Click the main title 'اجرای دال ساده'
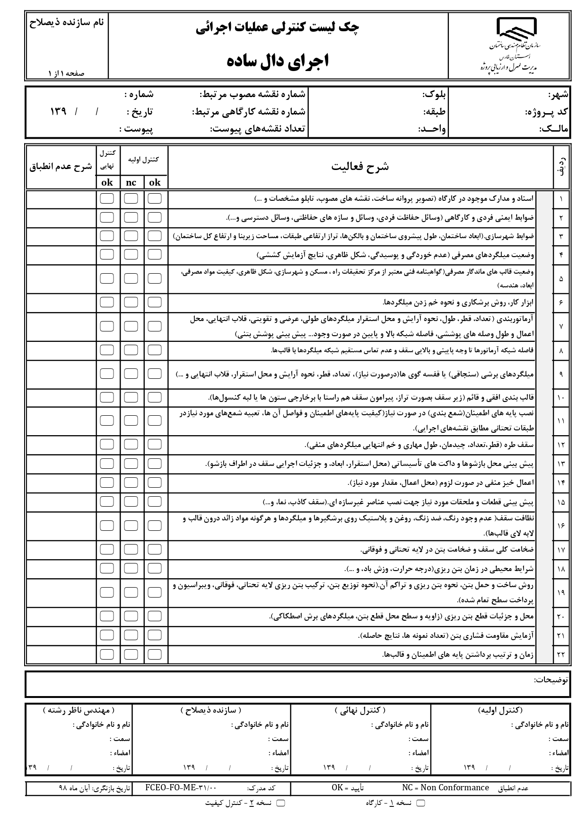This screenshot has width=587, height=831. pyautogui.click(x=278, y=61)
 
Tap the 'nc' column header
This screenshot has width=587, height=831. pyautogui.click(x=131, y=183)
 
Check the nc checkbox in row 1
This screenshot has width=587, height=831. pyautogui.click(x=131, y=198)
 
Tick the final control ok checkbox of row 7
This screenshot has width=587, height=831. pyautogui.click(x=107, y=326)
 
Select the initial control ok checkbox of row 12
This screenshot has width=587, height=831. pyautogui.click(x=155, y=444)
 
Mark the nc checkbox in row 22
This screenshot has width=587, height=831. pyautogui.click(x=131, y=654)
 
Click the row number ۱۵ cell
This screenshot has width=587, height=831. pyautogui.click(x=561, y=502)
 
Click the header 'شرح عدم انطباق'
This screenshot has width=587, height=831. pyautogui.click(x=61, y=167)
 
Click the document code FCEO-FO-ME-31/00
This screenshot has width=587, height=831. pyautogui.click(x=181, y=788)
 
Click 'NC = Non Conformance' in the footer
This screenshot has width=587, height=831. pyautogui.click(x=445, y=787)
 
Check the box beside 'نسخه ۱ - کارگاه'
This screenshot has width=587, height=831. pyautogui.click(x=420, y=803)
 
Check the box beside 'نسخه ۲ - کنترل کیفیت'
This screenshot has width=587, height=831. pyautogui.click(x=280, y=803)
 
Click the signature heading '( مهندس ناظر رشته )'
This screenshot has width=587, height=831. pyautogui.click(x=79, y=710)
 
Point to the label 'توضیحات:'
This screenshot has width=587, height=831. pyautogui.click(x=551, y=679)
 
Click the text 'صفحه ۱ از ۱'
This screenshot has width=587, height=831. pyautogui.click(x=66, y=73)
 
